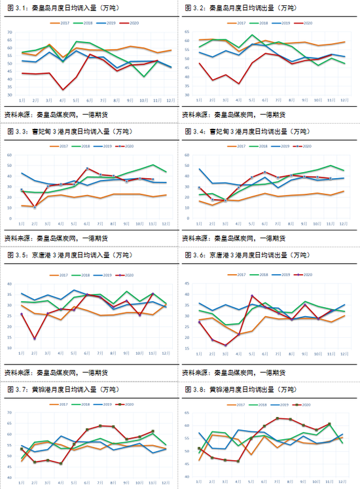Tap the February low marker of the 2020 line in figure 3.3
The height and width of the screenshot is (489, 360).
coord(35,208)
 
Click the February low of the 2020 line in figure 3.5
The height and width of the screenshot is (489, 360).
coord(35,339)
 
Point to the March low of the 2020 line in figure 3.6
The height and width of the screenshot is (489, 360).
coord(226,345)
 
